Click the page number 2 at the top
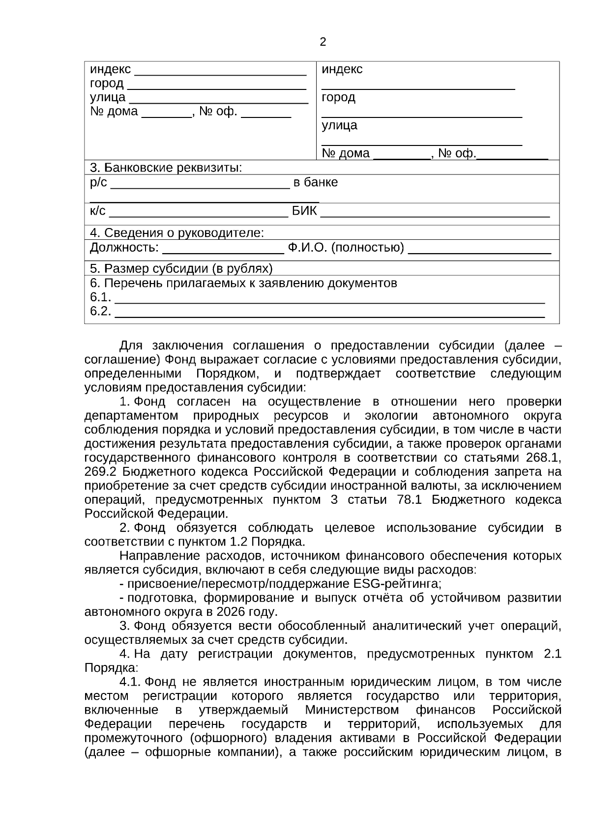[323, 42]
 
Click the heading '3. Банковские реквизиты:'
[166, 168]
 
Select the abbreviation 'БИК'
[304, 211]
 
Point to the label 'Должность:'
[124, 248]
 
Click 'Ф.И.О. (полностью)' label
[346, 248]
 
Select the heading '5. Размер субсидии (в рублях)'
[181, 269]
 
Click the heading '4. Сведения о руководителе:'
[177, 233]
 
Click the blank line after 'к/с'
[198, 215]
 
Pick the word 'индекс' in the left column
[110, 69]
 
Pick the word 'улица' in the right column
[339, 125]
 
